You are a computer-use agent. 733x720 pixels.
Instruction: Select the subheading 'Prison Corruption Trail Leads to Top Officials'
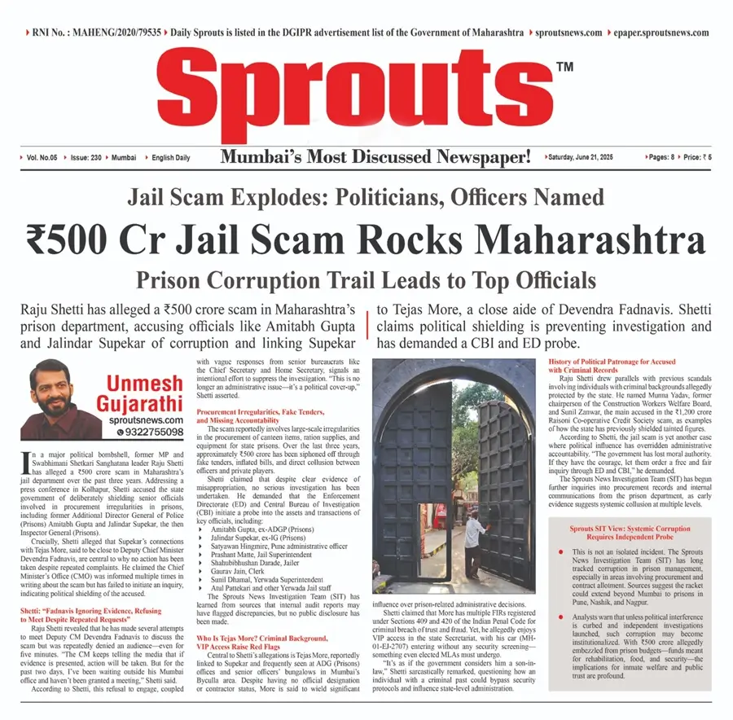pos(366,280)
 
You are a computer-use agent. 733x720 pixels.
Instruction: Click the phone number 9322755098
pos(150,432)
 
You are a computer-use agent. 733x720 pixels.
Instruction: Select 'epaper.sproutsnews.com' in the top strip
pos(658,33)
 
